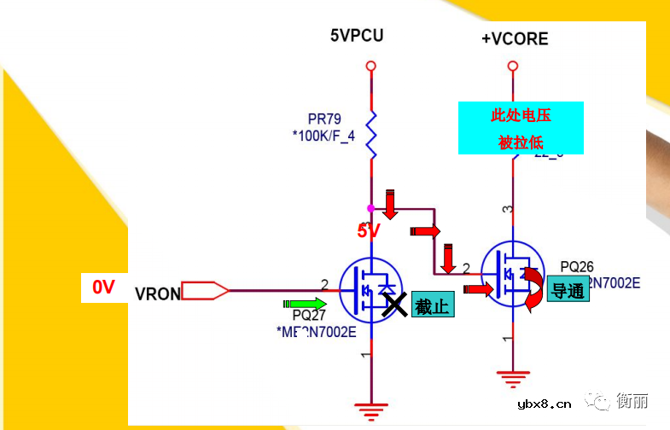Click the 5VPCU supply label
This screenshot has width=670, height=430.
pos(357,36)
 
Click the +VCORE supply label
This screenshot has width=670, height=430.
pos(515,38)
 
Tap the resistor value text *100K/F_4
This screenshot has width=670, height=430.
pos(323,135)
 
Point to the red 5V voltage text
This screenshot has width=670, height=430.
pos(368,231)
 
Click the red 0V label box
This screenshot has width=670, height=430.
pos(103,288)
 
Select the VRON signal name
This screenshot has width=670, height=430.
pos(158,293)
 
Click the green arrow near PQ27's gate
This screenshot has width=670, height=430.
pos(305,303)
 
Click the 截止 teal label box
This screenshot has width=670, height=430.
pos(432,305)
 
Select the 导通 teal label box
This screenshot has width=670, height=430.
pos(568,291)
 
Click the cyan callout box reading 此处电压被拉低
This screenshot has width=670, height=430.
pos(521,128)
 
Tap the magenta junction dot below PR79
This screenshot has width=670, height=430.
pos(370,207)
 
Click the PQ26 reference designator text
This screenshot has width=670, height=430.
pos(577,266)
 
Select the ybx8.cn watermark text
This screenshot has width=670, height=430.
pos(545,404)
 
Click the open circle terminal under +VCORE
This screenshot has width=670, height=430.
pos(512,66)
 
